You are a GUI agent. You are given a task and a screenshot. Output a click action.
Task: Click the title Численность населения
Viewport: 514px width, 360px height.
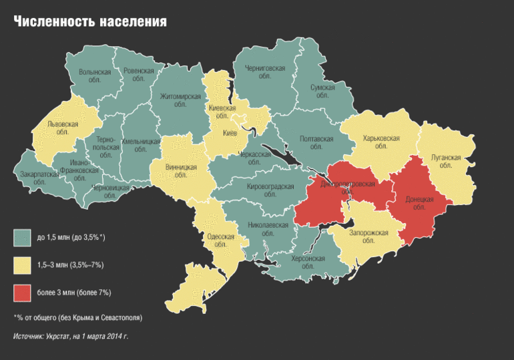tap(90, 22)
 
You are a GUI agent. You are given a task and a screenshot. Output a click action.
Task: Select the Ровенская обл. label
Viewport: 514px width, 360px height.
tap(139, 74)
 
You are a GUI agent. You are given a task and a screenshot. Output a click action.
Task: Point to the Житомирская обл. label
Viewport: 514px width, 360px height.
tap(180, 100)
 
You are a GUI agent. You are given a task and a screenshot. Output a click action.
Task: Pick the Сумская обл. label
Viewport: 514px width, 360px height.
tap(322, 91)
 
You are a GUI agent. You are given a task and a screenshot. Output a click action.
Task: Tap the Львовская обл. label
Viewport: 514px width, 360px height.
tap(63, 128)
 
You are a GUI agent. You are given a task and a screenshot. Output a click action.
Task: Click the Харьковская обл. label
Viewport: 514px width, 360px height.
tap(381, 142)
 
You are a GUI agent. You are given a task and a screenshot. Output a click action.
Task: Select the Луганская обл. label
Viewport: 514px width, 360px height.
tap(446, 162)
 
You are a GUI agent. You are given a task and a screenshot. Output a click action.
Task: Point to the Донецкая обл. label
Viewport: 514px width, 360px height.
tap(419, 203)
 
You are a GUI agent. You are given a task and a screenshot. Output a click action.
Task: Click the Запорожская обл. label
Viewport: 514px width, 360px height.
tap(368, 236)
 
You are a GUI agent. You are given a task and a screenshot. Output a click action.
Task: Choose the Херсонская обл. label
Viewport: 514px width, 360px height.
tap(308, 262)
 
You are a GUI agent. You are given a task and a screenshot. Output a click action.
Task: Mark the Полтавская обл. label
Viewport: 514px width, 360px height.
tap(316, 143)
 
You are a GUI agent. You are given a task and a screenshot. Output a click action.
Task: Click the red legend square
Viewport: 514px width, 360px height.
tap(23, 293)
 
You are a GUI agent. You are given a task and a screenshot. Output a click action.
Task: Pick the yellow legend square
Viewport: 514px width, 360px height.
tap(23, 265)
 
